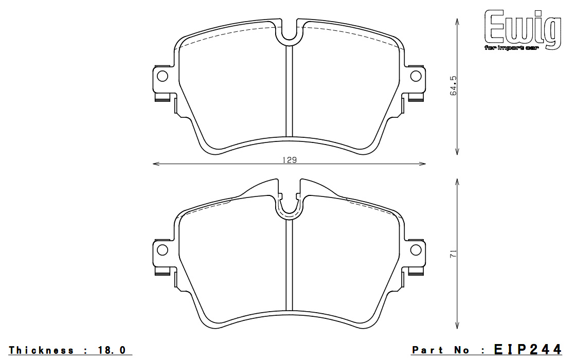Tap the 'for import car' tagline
click(511, 48)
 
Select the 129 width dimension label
click(290, 160)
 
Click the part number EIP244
click(528, 349)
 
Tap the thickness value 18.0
click(112, 350)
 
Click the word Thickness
click(41, 350)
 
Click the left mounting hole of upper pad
click(163, 76)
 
